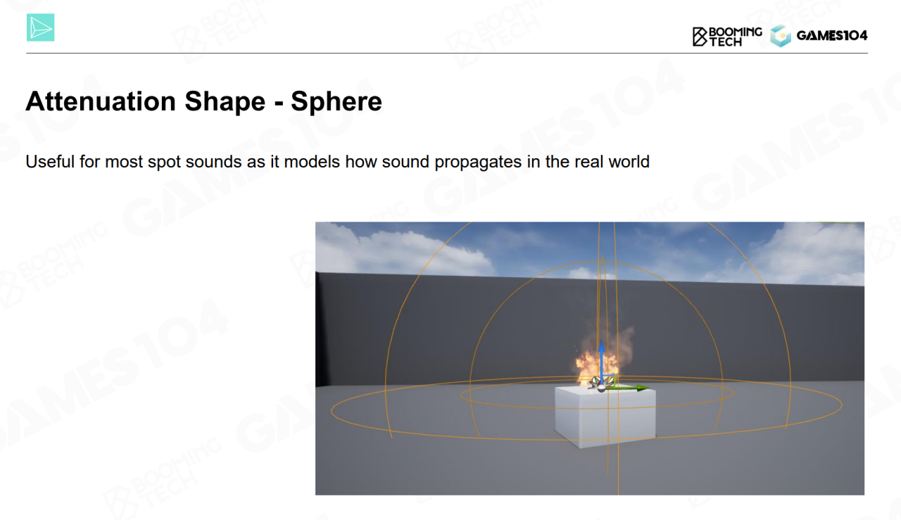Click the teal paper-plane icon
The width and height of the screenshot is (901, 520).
(x=41, y=27)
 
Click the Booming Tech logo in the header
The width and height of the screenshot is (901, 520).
(x=727, y=37)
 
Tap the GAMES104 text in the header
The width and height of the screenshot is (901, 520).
(x=832, y=36)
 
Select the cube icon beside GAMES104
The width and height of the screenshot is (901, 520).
(x=781, y=36)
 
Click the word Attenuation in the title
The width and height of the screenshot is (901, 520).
(x=101, y=101)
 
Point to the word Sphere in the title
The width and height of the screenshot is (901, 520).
(x=336, y=101)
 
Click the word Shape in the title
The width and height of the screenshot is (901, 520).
(x=225, y=102)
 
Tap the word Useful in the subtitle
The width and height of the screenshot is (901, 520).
(x=50, y=162)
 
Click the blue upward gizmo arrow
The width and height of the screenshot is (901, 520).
(x=601, y=362)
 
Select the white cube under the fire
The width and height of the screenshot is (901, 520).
(x=605, y=417)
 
